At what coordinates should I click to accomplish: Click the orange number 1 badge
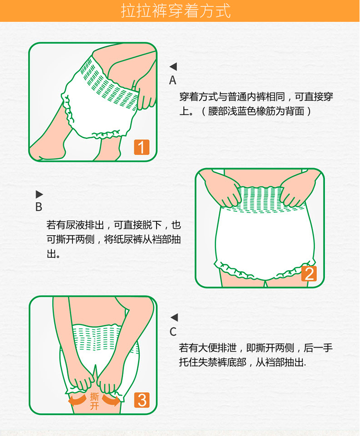[142, 147]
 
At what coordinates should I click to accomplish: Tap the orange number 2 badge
[309, 274]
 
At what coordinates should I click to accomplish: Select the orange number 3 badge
[142, 400]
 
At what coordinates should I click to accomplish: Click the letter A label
[173, 80]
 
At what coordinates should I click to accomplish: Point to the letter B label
[39, 207]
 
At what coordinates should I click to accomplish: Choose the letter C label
[173, 332]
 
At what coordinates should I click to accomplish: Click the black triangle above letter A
[173, 66]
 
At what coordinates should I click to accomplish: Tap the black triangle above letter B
[39, 194]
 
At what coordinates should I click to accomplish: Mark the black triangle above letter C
[174, 317]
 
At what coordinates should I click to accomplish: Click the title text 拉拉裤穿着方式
[176, 11]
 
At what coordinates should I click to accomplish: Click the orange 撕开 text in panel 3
[94, 401]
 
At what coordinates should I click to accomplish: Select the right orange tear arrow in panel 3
[111, 400]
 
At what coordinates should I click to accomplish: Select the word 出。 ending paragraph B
[53, 254]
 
